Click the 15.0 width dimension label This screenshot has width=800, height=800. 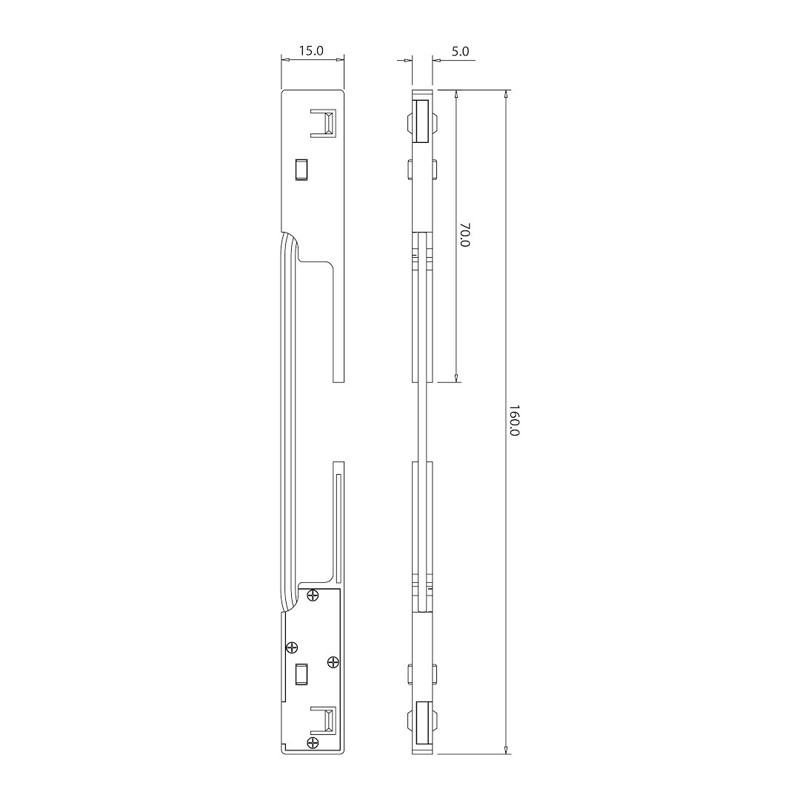[312, 51]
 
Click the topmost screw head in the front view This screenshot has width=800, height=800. [313, 594]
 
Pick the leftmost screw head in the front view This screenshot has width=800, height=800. [292, 647]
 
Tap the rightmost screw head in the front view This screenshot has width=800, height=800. [333, 661]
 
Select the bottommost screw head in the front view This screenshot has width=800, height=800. [313, 742]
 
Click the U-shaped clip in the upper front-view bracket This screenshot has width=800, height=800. [324, 123]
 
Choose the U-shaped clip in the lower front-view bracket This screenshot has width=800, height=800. [324, 720]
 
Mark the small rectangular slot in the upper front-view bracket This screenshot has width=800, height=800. [301, 169]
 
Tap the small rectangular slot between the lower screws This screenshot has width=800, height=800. [301, 674]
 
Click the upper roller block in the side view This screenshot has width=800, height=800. [422, 122]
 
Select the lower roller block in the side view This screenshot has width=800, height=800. [422, 721]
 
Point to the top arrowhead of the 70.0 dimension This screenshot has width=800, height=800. [456, 95]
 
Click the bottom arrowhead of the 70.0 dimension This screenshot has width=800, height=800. [456, 379]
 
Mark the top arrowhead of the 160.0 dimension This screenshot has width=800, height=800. [506, 95]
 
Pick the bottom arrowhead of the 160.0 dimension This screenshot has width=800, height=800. [506, 750]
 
